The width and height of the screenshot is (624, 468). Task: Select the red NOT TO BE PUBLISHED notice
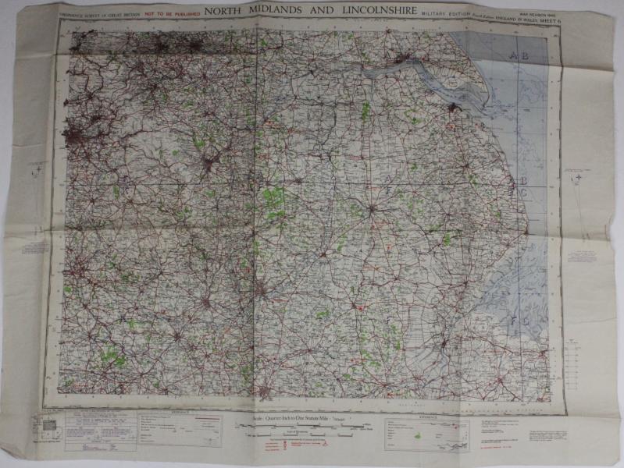170,13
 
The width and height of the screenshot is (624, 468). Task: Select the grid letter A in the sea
513,55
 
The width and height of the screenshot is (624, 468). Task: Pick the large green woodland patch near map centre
273,200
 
